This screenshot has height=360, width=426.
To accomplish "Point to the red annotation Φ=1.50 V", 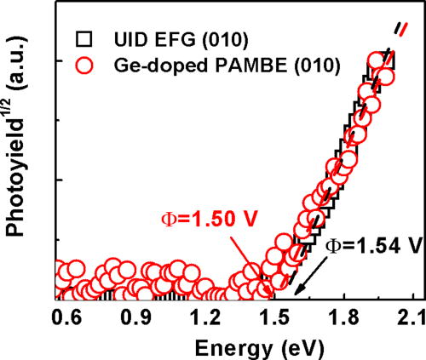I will point(201,220).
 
